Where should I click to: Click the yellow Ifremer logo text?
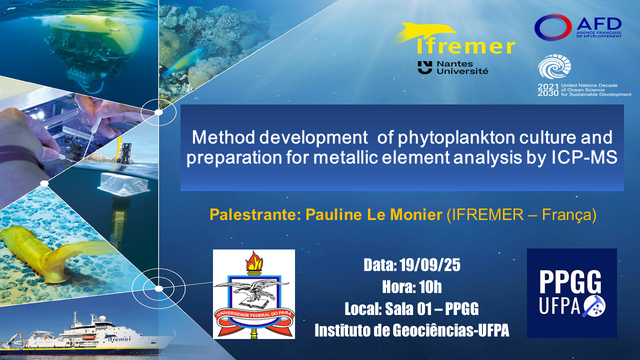click(465, 47)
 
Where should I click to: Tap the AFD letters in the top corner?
click(599, 24)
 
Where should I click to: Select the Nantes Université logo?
click(453, 67)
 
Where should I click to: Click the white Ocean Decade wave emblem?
click(554, 66)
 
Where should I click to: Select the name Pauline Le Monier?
click(374, 214)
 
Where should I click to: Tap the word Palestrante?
click(253, 214)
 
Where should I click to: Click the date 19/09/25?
click(430, 265)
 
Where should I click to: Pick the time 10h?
click(430, 287)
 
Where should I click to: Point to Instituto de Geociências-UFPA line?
click(411, 330)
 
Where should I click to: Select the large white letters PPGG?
click(570, 282)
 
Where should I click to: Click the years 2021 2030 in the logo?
click(547, 90)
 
